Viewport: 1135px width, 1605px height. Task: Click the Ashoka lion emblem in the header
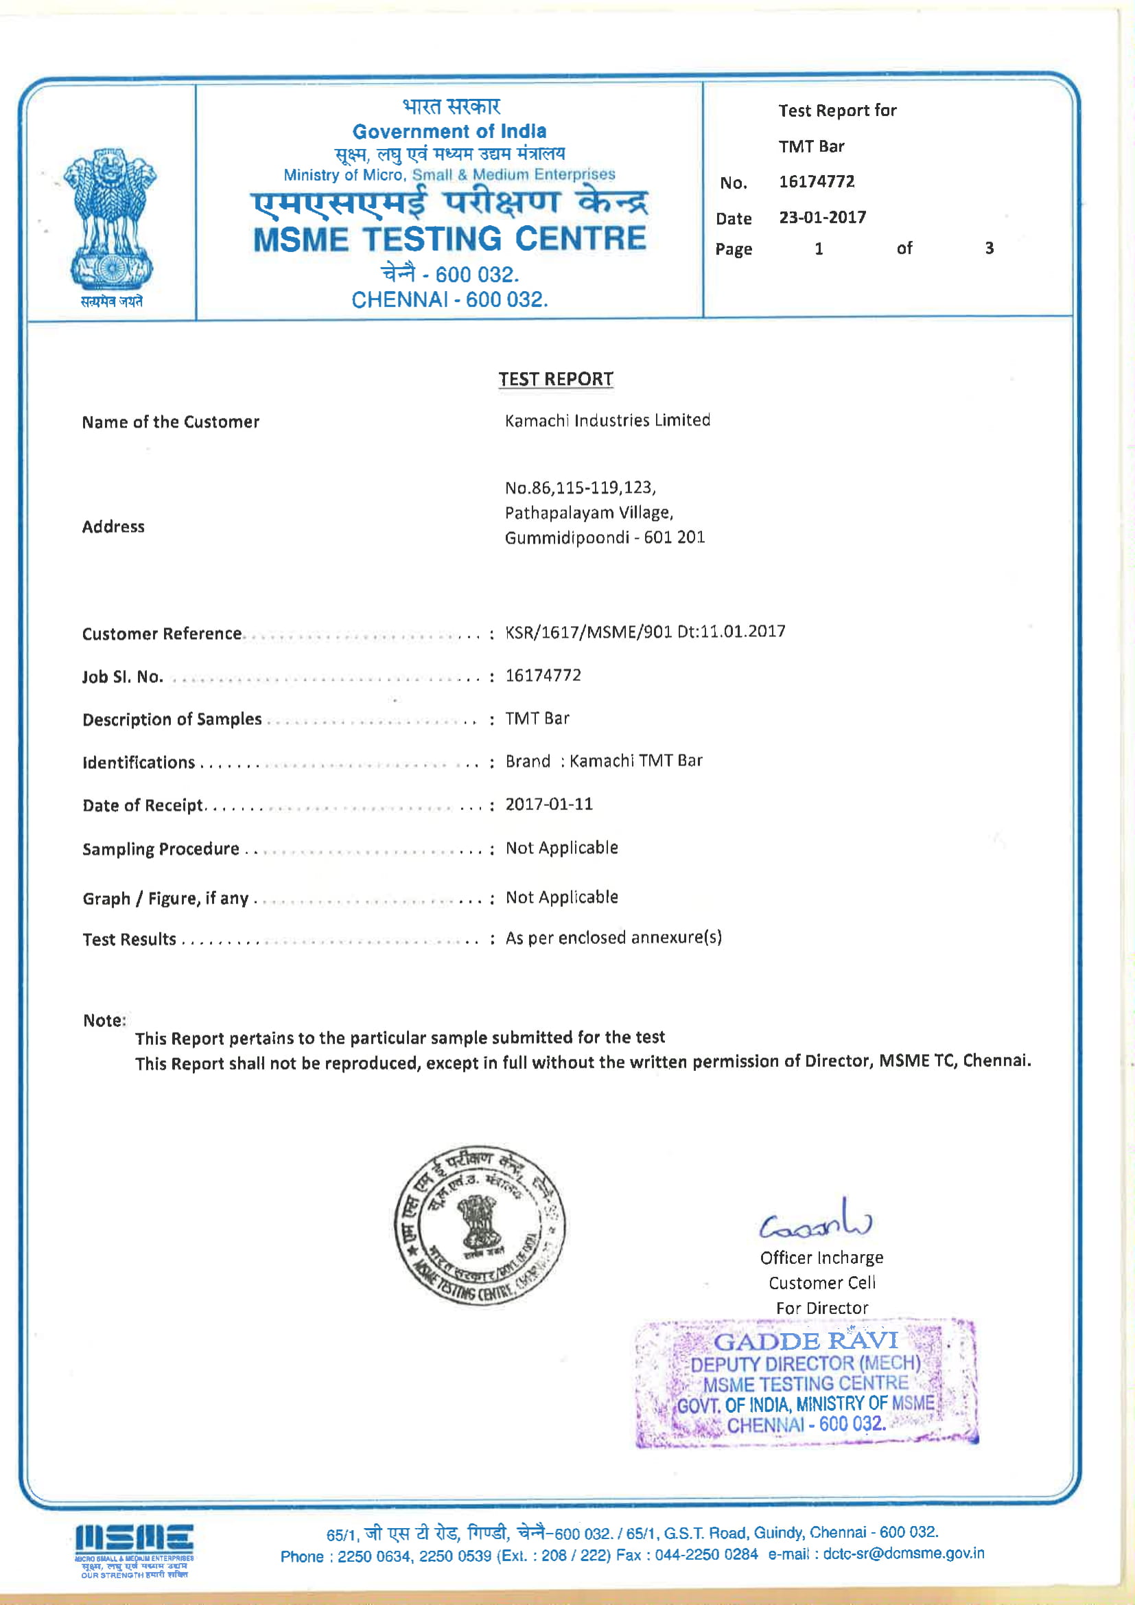[110, 218]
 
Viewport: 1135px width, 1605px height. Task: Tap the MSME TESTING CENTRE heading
[449, 240]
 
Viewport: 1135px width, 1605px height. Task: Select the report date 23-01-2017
[823, 218]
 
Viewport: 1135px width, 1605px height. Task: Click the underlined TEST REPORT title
[556, 379]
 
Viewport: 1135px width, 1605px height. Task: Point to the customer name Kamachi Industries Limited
[607, 420]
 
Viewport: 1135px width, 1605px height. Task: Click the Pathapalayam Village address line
[589, 513]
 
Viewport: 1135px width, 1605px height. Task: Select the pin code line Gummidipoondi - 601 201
[605, 538]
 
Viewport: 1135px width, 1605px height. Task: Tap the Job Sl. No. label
[122, 677]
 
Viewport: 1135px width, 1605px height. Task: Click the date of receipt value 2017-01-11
[549, 804]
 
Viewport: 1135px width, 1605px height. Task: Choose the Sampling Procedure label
[161, 848]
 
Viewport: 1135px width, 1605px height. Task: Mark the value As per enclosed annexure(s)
[613, 938]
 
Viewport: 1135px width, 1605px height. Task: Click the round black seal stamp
[480, 1225]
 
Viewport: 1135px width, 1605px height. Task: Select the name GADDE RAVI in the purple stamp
[805, 1341]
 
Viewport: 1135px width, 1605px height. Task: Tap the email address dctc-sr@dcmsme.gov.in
[903, 1554]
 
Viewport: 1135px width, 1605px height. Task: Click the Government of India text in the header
[449, 131]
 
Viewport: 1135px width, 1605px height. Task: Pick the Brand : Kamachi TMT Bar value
[604, 761]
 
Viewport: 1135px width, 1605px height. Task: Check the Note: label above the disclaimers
[104, 1020]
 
